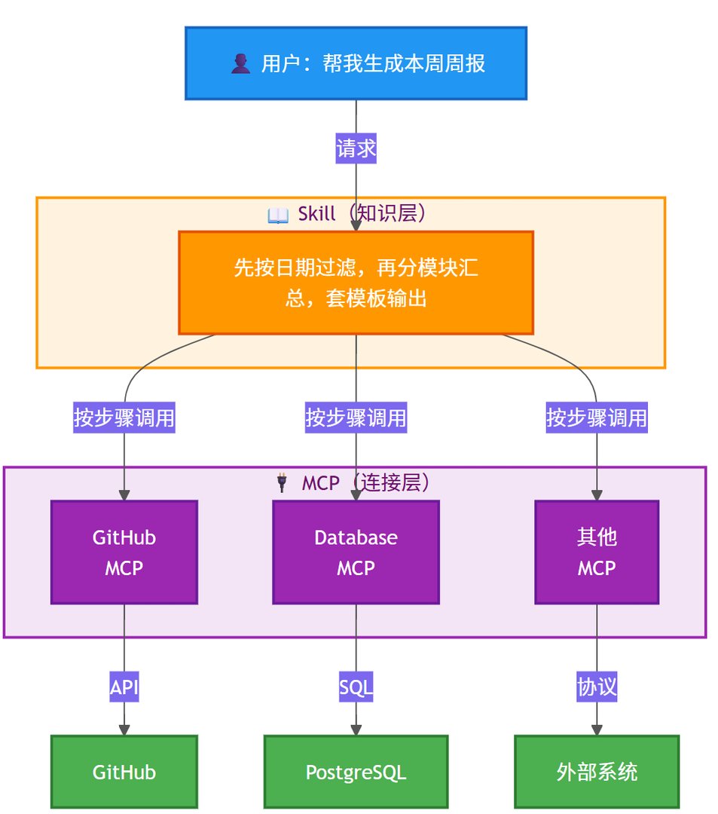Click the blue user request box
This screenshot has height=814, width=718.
tap(356, 63)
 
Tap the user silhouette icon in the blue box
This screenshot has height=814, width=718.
tap(240, 64)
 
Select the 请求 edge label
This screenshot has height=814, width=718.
tap(356, 148)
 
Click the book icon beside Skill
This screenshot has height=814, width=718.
tap(278, 216)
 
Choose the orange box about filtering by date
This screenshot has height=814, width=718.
tap(356, 283)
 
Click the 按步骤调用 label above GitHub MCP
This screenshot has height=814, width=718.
tap(124, 417)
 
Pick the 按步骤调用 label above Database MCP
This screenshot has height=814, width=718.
tap(356, 417)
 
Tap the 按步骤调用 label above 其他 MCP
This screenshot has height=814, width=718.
tap(597, 417)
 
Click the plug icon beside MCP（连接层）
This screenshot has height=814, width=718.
tap(283, 482)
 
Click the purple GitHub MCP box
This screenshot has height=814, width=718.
tap(124, 552)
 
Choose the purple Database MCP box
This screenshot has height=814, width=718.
tap(356, 552)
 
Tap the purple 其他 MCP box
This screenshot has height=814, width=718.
tap(597, 552)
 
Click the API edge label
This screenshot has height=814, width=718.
tap(124, 687)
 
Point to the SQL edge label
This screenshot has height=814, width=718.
tap(356, 687)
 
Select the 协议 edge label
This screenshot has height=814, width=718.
tap(597, 687)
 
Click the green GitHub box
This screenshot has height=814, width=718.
tap(124, 772)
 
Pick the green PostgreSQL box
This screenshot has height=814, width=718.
tap(356, 772)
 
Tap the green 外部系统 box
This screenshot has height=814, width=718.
tap(597, 772)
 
